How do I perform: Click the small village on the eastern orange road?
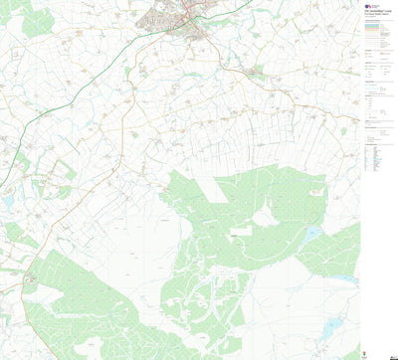click(x=256, y=73)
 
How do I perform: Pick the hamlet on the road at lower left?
click(x=30, y=280)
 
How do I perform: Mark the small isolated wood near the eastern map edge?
click(x=344, y=129)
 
